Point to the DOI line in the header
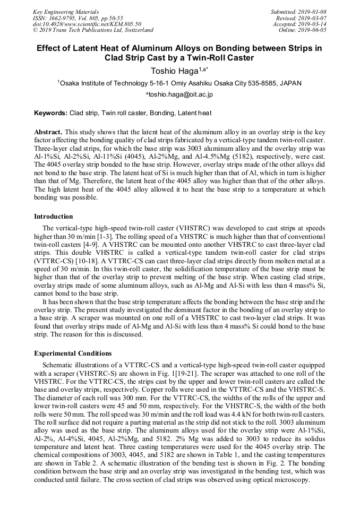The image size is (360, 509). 87,24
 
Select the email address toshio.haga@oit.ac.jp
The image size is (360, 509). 180,94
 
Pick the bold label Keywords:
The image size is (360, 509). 50,113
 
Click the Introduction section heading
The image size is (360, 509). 54,217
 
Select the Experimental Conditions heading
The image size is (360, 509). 73,353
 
